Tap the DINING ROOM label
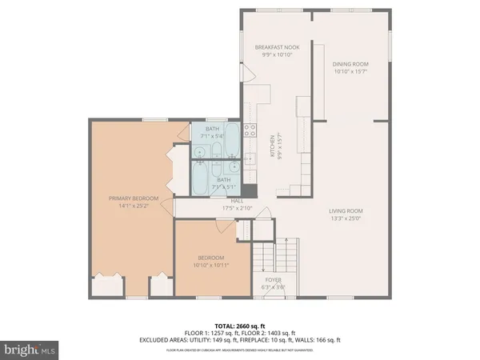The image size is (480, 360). coord(350,63)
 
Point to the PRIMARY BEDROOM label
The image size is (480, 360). coord(134,198)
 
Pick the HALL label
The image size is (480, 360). coord(237,201)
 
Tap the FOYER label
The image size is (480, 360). coord(273,280)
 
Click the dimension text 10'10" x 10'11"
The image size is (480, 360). coord(211,265)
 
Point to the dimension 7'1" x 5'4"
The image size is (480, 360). coord(212,135)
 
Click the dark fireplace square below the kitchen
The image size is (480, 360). coord(251,191)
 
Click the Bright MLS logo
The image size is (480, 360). coord(30,349)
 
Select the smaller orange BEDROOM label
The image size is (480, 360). coord(211,258)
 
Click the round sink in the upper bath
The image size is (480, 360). coord(198,148)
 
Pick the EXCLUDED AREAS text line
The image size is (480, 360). coord(240,339)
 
